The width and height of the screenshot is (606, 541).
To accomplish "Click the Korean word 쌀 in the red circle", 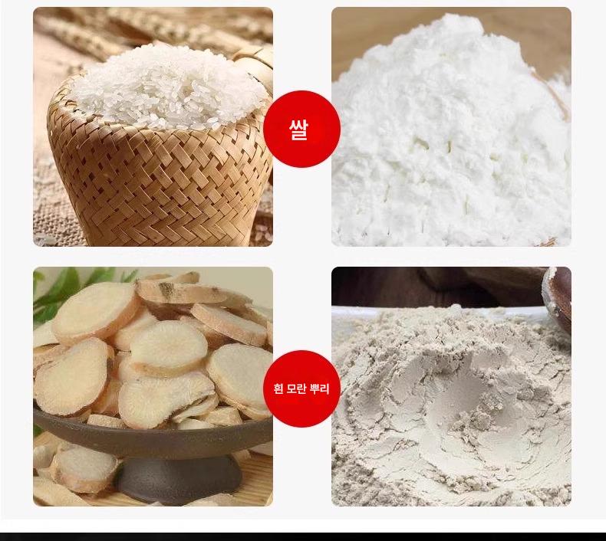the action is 298,130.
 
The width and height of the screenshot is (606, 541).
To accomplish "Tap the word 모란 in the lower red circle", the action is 297,389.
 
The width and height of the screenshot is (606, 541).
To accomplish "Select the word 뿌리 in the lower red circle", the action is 320,389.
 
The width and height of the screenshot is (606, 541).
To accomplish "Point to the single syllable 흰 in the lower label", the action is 278,389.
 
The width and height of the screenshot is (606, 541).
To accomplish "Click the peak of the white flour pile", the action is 462,19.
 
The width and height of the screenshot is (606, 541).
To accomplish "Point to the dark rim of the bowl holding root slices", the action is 155,428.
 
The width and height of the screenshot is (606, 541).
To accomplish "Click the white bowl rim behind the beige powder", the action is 436,308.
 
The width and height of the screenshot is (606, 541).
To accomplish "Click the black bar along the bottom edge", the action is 303,536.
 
